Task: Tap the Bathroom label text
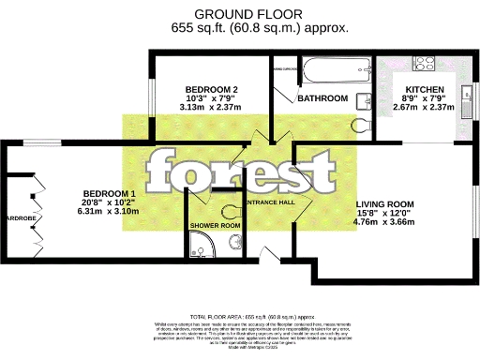pos(322,98)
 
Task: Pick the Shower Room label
pos(216,225)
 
